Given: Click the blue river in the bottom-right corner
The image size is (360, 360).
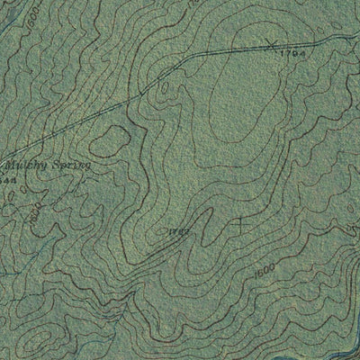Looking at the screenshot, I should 346,342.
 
